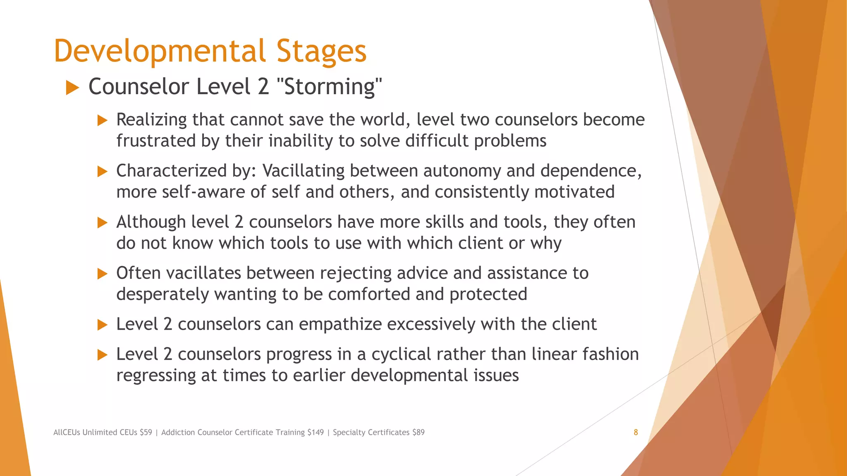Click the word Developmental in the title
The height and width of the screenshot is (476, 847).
160,51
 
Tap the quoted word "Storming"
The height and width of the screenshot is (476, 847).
328,87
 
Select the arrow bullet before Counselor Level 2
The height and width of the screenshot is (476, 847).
72,88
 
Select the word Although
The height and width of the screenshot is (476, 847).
151,222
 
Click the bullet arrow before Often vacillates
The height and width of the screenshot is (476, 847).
102,274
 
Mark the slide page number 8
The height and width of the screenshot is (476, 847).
636,432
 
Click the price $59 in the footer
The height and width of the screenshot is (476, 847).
146,432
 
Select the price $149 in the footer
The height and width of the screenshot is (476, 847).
316,432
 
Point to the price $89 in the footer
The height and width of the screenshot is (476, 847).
418,432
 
